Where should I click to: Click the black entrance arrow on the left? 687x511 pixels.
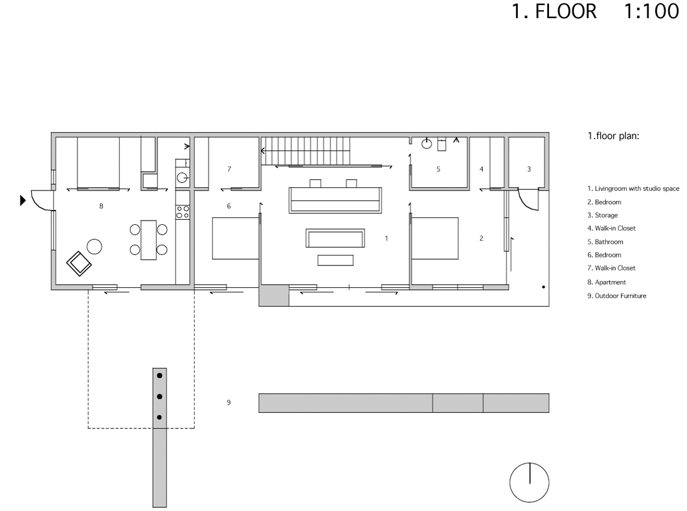[x=22, y=201]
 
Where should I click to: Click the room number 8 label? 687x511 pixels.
[x=101, y=206]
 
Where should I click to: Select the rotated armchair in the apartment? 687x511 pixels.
[x=79, y=264]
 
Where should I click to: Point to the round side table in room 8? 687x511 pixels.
[x=94, y=247]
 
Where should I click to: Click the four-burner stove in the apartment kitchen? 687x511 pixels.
[x=183, y=212]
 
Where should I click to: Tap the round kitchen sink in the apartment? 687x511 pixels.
[x=182, y=178]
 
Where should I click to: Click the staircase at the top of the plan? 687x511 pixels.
[x=306, y=151]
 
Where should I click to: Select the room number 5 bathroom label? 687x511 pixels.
[x=438, y=169]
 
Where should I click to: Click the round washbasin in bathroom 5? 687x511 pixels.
[x=427, y=143]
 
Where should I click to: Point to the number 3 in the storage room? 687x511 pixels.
[x=529, y=169]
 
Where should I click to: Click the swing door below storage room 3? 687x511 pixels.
[x=528, y=199]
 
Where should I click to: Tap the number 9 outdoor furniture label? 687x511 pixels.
[x=229, y=402]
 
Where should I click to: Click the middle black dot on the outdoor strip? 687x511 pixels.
[x=159, y=397]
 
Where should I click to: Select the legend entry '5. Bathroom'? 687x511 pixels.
[x=605, y=242]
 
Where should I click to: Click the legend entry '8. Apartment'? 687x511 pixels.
[x=606, y=282]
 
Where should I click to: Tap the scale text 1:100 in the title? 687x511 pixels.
[x=651, y=11]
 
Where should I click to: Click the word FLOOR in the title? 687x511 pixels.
[x=566, y=11]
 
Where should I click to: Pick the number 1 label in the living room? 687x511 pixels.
[x=386, y=239]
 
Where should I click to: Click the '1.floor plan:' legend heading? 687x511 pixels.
[x=613, y=136]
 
